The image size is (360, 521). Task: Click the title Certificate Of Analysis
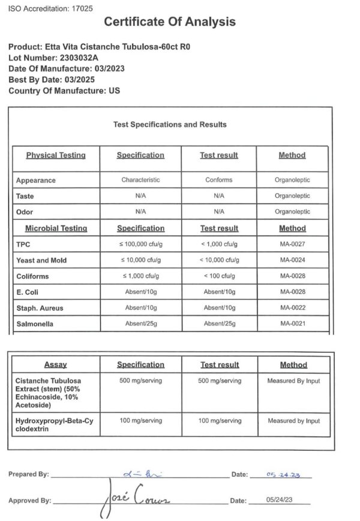[x=170, y=22]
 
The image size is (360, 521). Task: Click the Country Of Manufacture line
[x=64, y=91]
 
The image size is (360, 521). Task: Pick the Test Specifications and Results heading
[x=170, y=125]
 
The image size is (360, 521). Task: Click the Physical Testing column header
[x=56, y=155]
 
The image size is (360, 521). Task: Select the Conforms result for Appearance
[x=218, y=180]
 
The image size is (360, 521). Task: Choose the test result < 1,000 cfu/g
[x=218, y=245]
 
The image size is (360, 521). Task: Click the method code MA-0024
[x=292, y=260]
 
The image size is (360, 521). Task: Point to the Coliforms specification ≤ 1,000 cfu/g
[x=140, y=276]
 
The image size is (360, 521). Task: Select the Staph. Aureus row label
[x=40, y=308]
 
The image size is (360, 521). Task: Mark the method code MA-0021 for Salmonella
[x=292, y=324]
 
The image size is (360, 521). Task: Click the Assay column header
[x=55, y=365]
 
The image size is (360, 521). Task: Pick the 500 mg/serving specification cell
[x=140, y=381]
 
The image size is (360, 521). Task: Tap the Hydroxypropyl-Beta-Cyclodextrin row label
[x=55, y=425]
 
